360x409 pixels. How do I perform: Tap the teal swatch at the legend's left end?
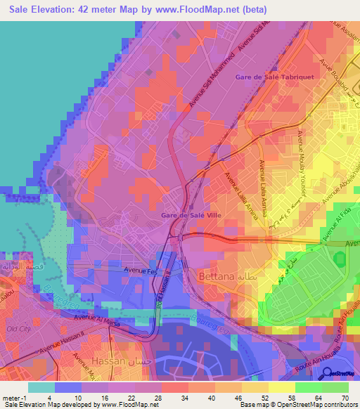(x=41, y=387)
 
